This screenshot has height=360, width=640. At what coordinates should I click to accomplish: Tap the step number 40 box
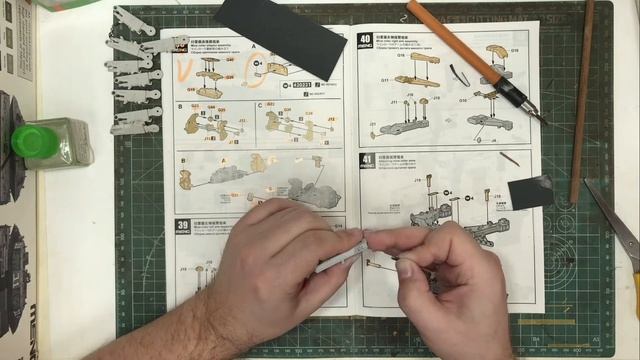pyautogui.click(x=365, y=40)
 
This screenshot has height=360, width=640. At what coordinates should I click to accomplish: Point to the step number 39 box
pyautogui.click(x=183, y=226)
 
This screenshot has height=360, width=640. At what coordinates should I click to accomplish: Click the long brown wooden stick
pyautogui.click(x=582, y=100)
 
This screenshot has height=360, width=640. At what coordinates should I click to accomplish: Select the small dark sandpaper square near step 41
pyautogui.click(x=529, y=191)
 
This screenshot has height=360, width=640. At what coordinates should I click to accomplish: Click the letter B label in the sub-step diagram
pyautogui.click(x=181, y=105)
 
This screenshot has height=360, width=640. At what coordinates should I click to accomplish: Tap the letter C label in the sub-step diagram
pyautogui.click(x=260, y=104)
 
